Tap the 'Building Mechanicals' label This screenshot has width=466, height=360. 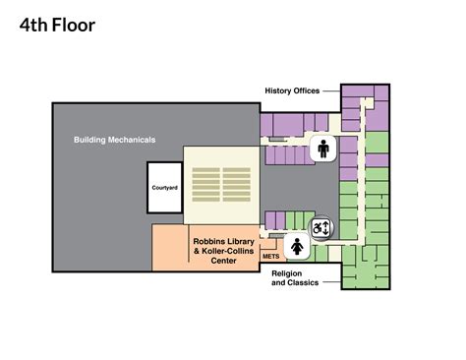[114, 140]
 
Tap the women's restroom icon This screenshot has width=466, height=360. [296, 246]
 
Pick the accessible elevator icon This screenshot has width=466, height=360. [321, 227]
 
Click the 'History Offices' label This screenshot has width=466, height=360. [292, 91]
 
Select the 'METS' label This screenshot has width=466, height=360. [270, 256]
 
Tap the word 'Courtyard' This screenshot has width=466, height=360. [164, 186]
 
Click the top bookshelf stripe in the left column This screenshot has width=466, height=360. [204, 169]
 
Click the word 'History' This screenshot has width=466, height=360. [278, 91]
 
